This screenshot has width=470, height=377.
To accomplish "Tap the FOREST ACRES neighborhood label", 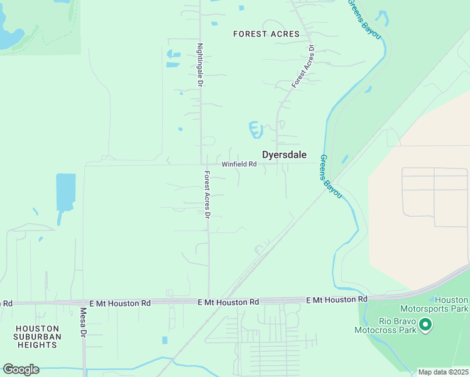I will click(x=266, y=34).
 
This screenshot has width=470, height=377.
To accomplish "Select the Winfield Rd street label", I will click(x=239, y=165).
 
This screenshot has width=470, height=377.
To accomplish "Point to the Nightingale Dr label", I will click(x=200, y=65).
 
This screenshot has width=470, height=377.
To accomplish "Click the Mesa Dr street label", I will click(x=83, y=322).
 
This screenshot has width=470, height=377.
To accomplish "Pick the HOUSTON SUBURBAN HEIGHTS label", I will click(x=38, y=337).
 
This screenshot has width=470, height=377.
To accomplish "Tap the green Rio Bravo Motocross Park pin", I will click(x=425, y=325).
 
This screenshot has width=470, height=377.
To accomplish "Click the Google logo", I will click(x=21, y=369).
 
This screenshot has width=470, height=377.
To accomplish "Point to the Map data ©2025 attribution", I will click(x=443, y=372).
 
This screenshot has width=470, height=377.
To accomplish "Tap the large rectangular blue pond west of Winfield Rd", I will click(x=65, y=192).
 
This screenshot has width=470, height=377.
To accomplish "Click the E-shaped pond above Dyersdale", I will click(x=254, y=129).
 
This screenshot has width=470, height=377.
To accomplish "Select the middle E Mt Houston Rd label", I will click(x=228, y=302).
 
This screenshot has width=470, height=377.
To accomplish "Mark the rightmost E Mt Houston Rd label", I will click(x=337, y=300).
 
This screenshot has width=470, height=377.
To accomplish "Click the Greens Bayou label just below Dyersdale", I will click(x=331, y=177).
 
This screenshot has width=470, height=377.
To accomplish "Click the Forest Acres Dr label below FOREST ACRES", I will click(x=302, y=67).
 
